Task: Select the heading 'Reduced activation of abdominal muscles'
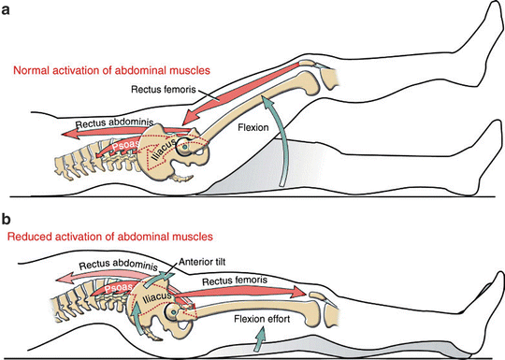coord(110,237)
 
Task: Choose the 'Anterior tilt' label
coord(207,262)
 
